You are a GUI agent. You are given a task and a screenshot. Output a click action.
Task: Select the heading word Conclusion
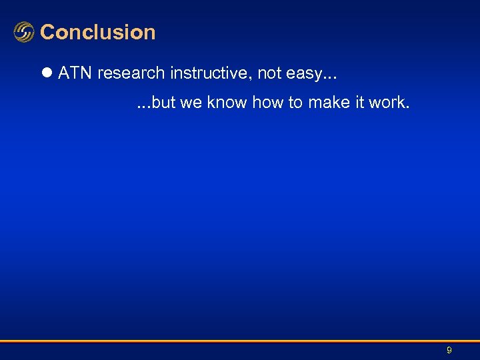coord(98,32)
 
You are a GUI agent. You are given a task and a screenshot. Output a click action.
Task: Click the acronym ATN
coord(75,73)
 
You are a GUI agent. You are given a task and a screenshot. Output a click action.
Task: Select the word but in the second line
coord(163,103)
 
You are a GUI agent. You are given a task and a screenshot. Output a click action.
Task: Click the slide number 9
coord(449,350)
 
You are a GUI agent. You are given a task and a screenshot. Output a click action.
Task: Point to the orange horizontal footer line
coord(240,341)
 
